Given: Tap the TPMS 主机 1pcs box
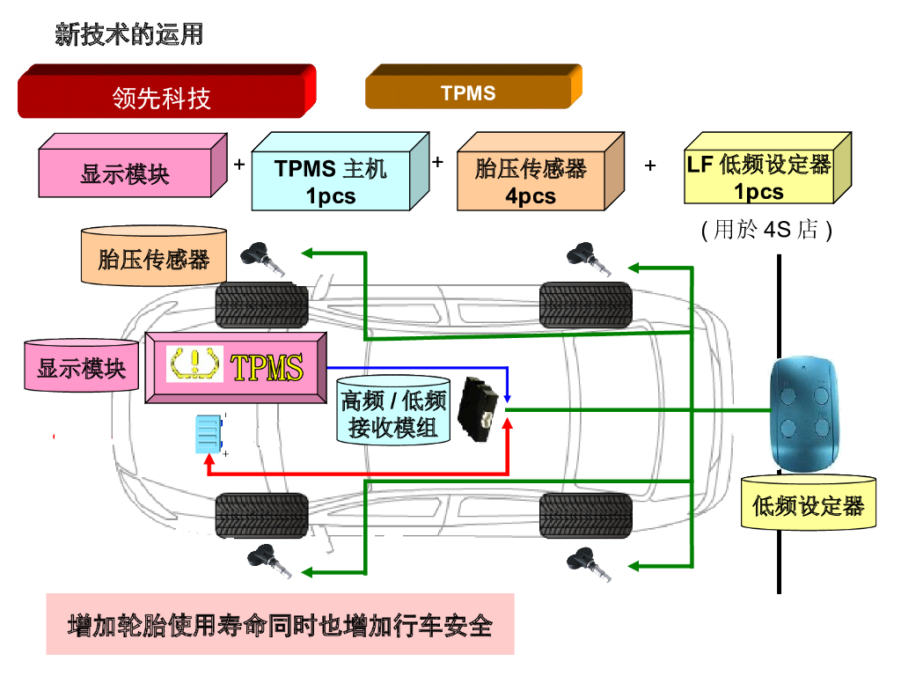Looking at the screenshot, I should [x=331, y=180].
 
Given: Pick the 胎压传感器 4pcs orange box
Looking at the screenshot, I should [x=531, y=180].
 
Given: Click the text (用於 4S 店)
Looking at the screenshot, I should [x=766, y=231].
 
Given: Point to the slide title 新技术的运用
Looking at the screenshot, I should [x=129, y=35].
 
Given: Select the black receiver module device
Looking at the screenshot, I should [x=481, y=408].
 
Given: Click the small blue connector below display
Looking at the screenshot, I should [x=209, y=433].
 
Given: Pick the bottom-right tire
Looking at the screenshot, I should [x=585, y=515].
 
